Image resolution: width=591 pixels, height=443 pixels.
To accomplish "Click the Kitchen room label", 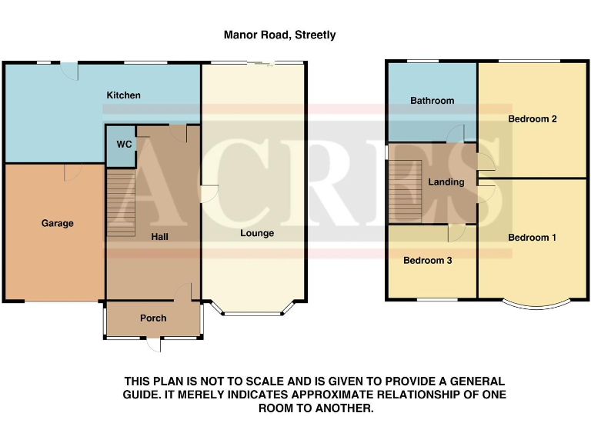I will point(123,95).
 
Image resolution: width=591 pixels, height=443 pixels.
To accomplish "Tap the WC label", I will point(124,144).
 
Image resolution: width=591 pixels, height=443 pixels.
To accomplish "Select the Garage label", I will point(58,224).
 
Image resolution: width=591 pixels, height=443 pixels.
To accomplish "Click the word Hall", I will point(160,237).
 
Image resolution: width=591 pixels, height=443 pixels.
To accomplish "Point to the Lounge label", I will point(257,233).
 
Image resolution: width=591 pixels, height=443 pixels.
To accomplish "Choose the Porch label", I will point(153,318).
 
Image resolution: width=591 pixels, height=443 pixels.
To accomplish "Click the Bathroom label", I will point(432,101).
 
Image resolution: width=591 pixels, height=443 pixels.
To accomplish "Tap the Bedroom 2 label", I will point(532,119).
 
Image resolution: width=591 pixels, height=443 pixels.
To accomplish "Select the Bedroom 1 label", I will point(532,238).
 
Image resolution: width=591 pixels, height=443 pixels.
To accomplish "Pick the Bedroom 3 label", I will point(428,261).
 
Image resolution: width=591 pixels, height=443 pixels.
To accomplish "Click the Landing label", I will point(446,182).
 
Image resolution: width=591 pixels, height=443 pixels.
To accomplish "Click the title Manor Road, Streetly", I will point(279,35).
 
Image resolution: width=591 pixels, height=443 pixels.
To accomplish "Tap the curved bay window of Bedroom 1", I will point(538,302).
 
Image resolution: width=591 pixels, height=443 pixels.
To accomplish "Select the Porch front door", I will point(154,343).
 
